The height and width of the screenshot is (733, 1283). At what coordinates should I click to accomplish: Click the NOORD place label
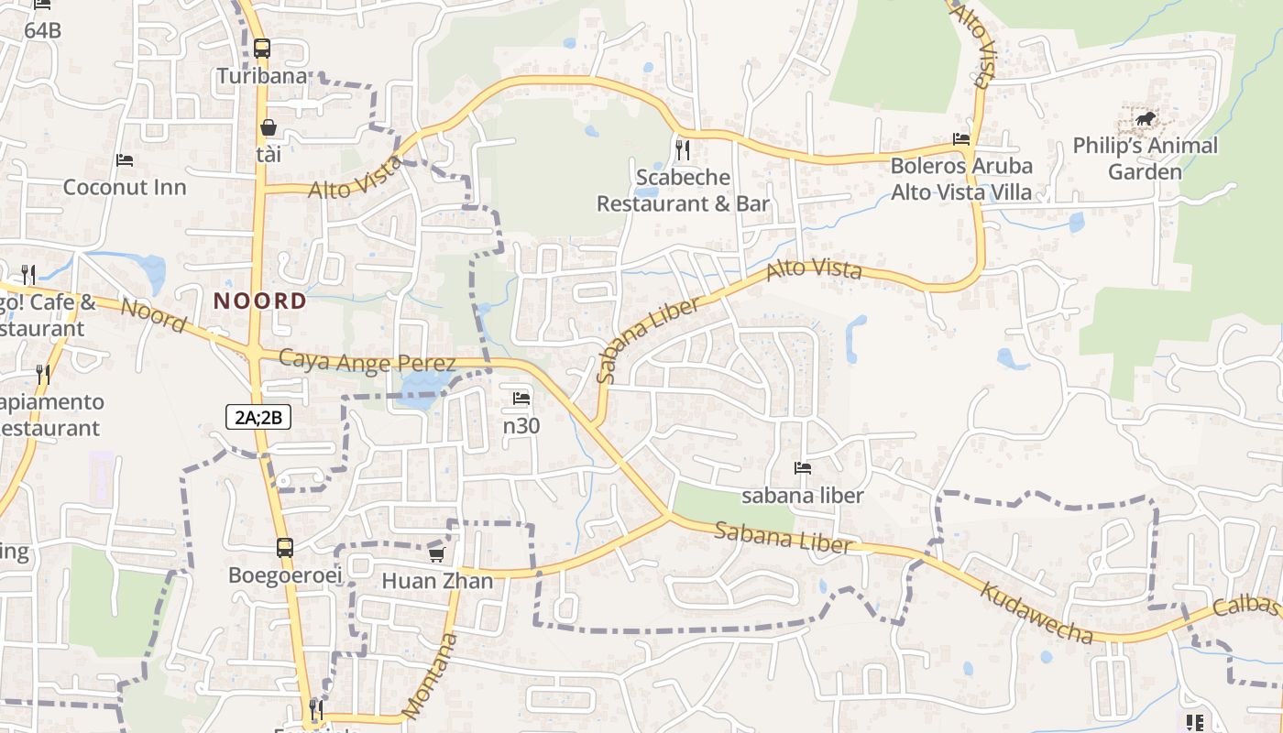tap(260, 301)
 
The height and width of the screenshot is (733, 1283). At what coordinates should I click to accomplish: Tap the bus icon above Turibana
tap(262, 49)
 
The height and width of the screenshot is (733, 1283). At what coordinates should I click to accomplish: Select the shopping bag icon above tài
tap(269, 127)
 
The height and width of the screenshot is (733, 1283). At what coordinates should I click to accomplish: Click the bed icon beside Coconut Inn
tap(125, 160)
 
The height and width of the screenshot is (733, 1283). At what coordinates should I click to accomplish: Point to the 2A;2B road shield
tap(258, 418)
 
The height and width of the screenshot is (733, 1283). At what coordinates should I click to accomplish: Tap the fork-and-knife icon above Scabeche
tap(683, 149)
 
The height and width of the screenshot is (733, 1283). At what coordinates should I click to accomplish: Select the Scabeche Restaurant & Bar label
tap(683, 190)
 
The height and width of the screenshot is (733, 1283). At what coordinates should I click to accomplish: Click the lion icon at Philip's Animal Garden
tap(1145, 118)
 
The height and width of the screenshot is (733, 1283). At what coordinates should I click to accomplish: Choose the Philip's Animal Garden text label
tap(1145, 159)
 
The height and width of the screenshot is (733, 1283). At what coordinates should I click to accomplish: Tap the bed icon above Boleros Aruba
tap(961, 139)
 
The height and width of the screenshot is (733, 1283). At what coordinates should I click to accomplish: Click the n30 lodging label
tap(521, 425)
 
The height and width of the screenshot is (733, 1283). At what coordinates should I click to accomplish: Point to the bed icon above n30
tap(521, 399)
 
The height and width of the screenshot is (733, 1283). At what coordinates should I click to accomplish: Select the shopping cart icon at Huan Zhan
tap(437, 554)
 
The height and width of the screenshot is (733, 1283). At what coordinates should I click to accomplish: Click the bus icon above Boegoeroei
tap(285, 548)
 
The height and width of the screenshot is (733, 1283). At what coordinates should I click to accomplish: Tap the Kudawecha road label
tap(1036, 611)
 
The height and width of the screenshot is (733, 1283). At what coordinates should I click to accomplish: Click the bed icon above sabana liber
tap(803, 468)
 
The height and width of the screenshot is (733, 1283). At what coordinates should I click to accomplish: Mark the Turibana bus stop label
tap(262, 76)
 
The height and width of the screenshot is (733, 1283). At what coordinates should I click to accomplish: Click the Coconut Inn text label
tap(125, 187)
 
